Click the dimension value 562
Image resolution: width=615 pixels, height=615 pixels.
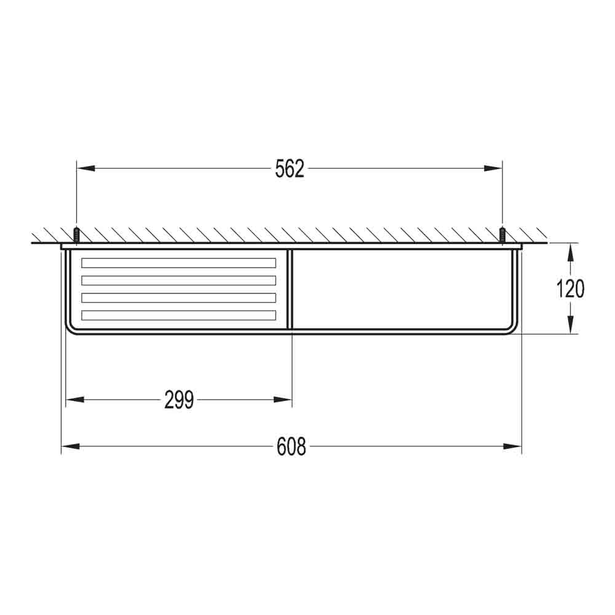[290, 168]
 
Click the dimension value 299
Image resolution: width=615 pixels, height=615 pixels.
[179, 400]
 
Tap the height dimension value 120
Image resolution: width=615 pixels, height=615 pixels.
[570, 288]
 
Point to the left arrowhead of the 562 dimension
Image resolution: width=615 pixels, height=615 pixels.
[85, 168]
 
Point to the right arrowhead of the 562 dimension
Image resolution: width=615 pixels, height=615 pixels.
[493, 168]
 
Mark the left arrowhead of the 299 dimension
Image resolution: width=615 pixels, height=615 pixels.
[74, 400]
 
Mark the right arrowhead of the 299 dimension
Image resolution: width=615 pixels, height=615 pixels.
[283, 400]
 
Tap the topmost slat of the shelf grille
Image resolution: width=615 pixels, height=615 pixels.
[178, 263]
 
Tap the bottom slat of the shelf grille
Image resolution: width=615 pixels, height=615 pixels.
[178, 315]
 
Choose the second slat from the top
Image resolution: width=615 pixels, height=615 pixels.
[178, 280]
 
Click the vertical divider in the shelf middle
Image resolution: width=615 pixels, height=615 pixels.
[291, 289]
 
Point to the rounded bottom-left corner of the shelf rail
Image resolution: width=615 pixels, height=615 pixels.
[69, 328]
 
